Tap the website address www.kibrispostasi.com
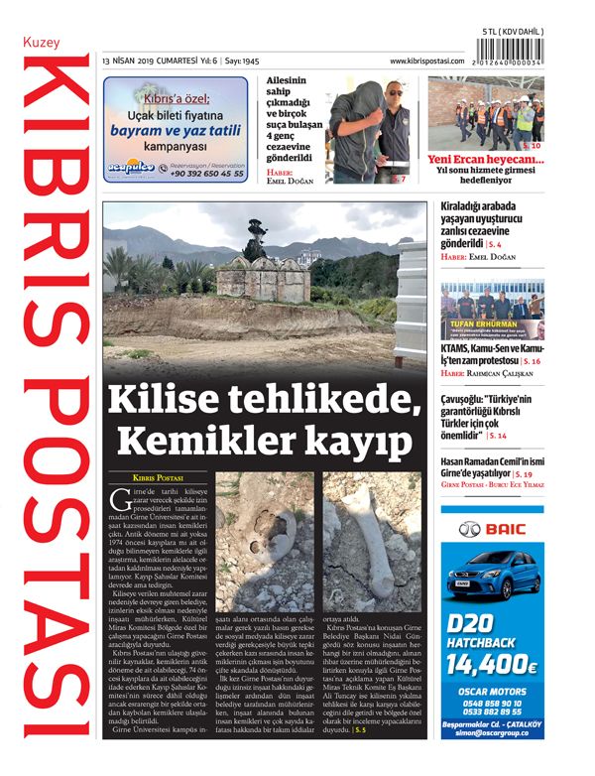click(428, 61)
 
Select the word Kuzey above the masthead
click(40, 44)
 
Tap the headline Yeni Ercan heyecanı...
click(485, 159)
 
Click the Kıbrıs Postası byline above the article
click(154, 477)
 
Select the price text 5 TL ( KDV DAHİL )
click(512, 33)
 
